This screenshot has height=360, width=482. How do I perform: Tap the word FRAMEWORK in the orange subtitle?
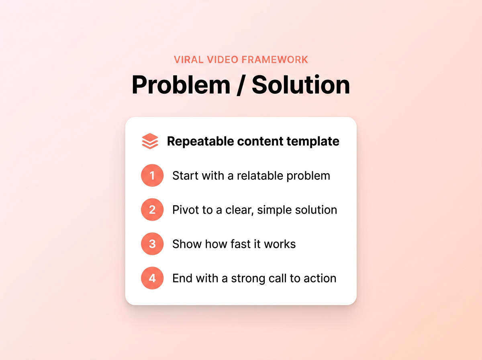(275, 60)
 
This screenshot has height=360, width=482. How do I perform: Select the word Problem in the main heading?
(181, 85)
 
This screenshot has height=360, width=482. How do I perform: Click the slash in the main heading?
(241, 85)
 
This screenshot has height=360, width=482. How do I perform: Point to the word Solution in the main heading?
(301, 85)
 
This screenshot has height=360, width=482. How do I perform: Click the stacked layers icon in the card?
(150, 141)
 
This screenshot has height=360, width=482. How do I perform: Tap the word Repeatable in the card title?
(200, 141)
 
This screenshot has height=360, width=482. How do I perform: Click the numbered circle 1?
(152, 176)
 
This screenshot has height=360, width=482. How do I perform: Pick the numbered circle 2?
(152, 210)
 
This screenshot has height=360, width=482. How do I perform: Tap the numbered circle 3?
(152, 244)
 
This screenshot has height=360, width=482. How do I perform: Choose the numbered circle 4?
(152, 278)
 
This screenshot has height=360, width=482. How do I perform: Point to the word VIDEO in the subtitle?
(223, 60)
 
